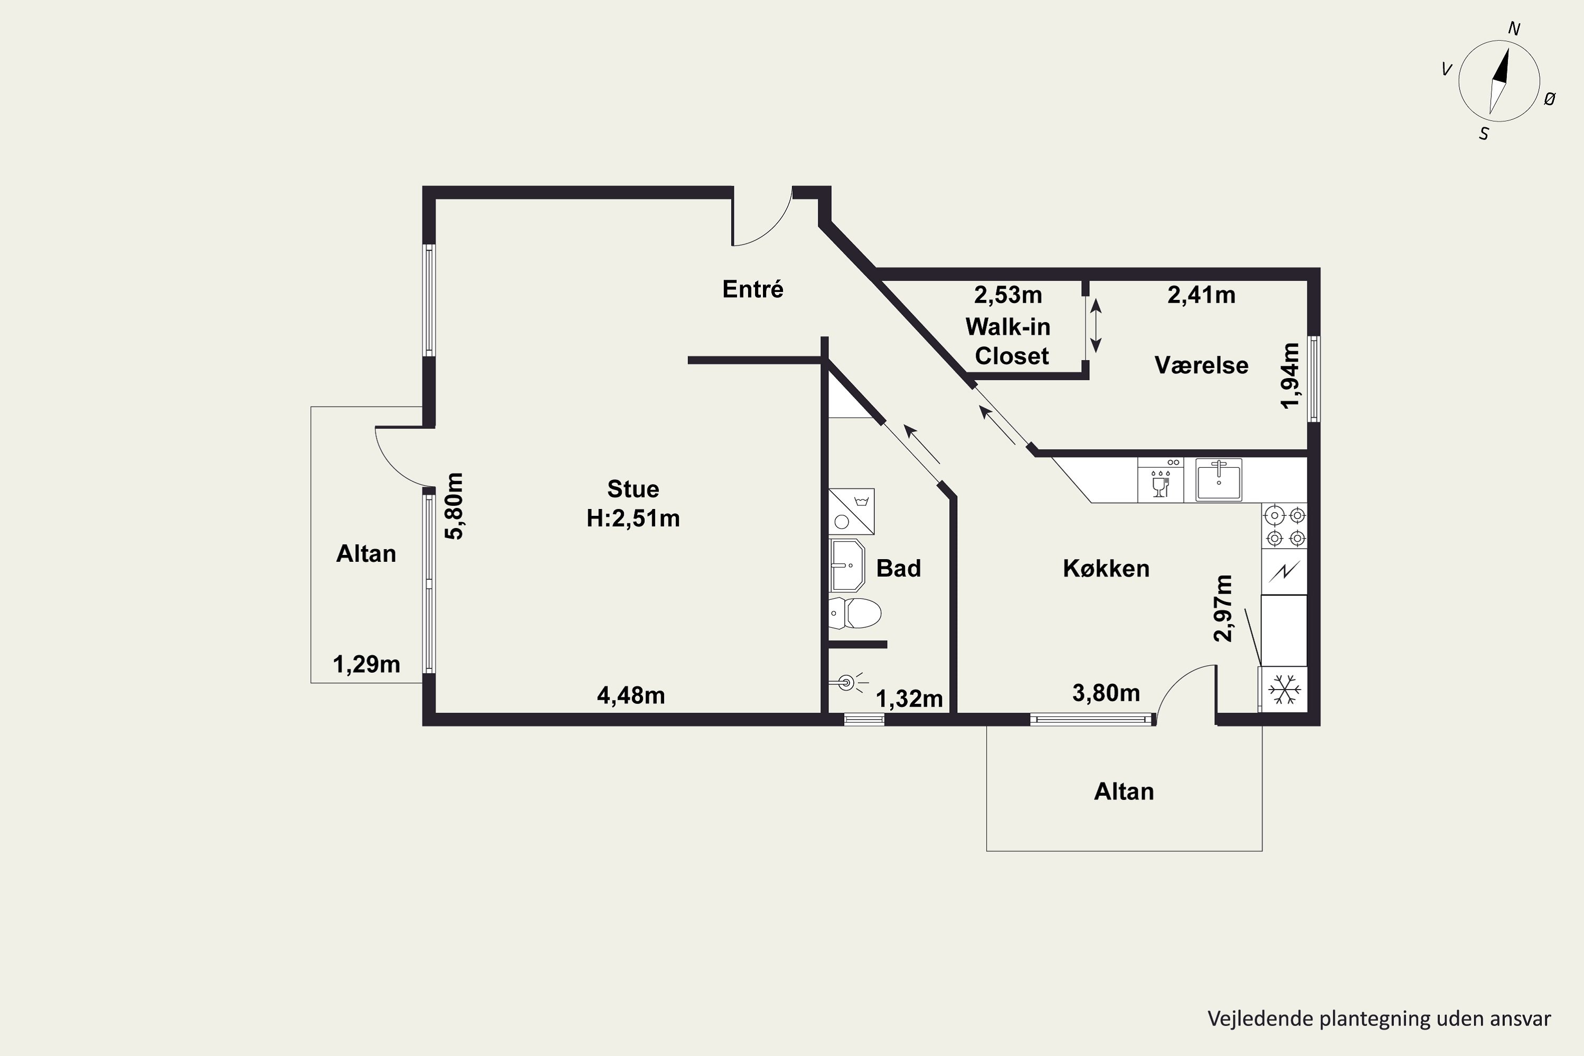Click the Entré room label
(753, 289)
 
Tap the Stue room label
(633, 489)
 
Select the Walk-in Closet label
(1008, 342)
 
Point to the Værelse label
(1202, 365)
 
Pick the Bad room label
(899, 569)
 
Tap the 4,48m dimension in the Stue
(631, 695)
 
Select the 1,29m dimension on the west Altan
(366, 665)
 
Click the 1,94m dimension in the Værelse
(1290, 376)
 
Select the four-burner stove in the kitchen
(1285, 526)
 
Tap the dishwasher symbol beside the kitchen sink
(1161, 480)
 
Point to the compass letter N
(1514, 29)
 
